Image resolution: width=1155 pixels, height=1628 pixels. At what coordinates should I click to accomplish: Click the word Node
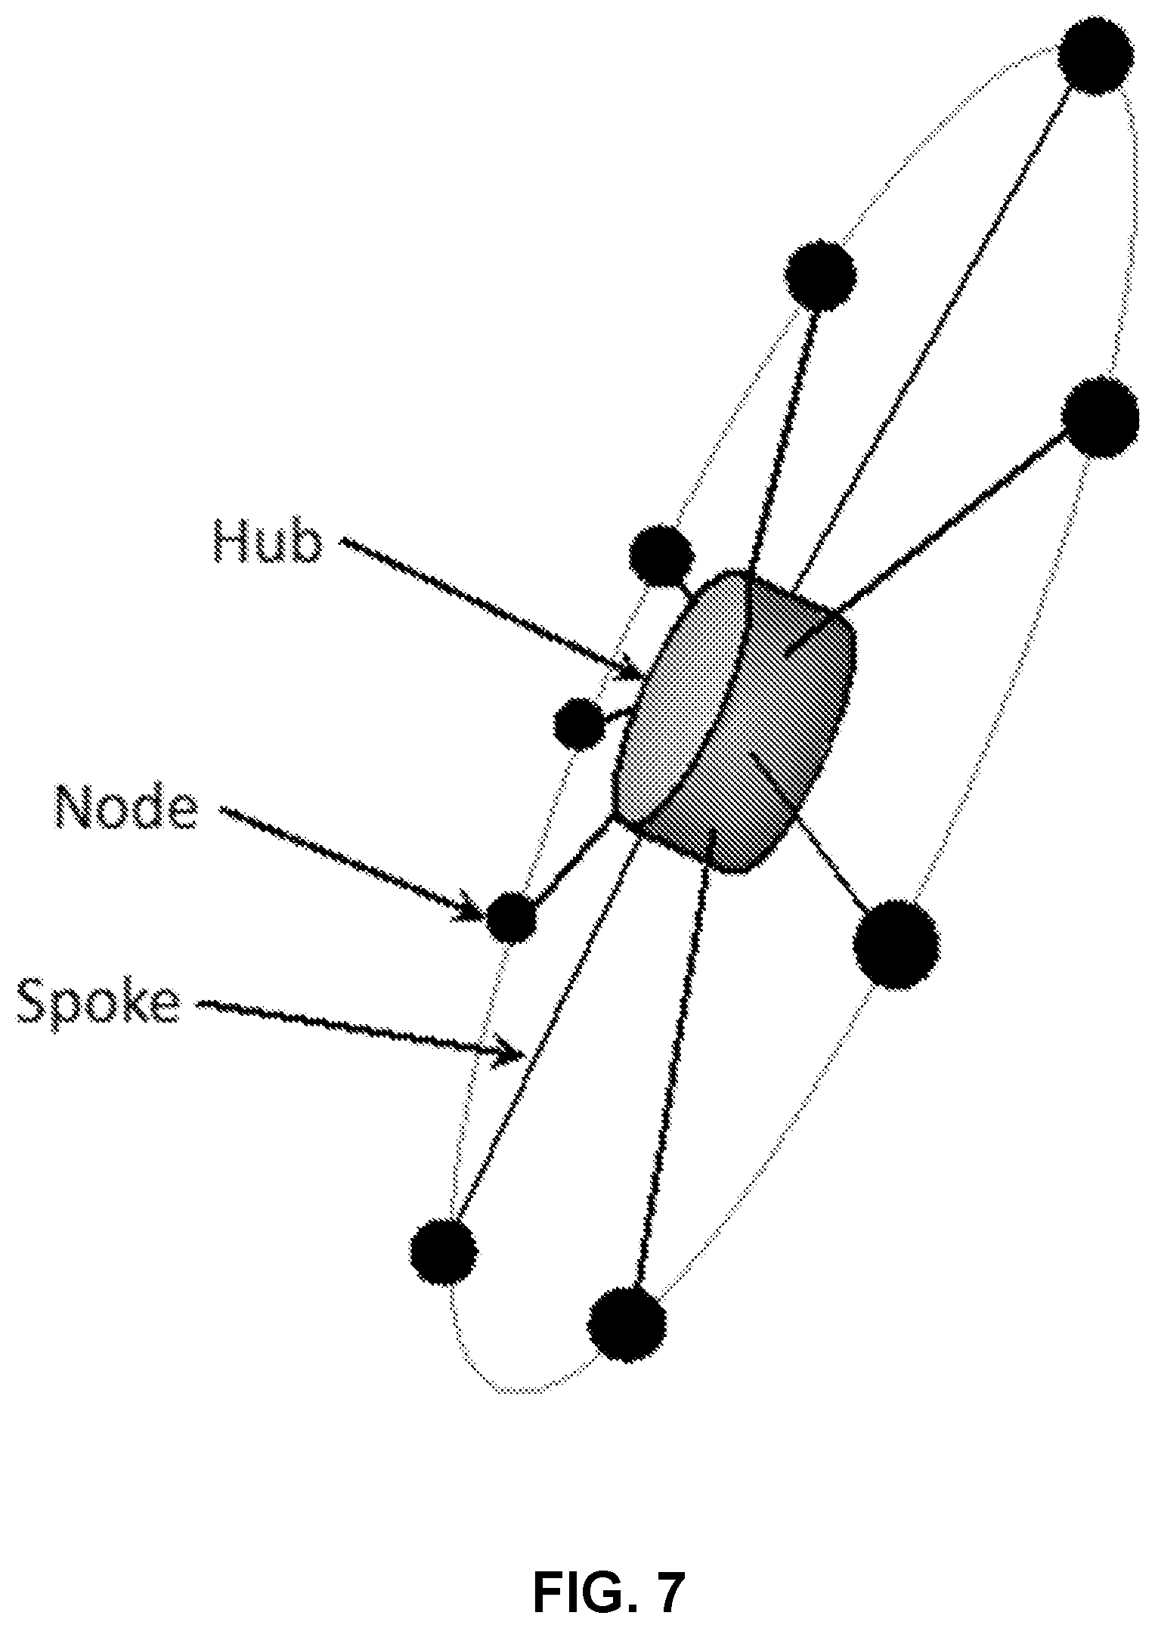pos(127,807)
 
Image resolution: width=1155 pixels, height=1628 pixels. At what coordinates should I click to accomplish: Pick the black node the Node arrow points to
pos(511,918)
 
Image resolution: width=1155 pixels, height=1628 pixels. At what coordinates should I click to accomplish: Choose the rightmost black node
pos(1100,417)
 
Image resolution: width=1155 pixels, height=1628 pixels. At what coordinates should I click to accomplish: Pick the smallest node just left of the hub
pos(579,724)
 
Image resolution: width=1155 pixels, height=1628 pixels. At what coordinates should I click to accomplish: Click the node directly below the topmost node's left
pos(821,275)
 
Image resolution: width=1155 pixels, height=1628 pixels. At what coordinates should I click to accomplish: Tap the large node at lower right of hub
pos(896,944)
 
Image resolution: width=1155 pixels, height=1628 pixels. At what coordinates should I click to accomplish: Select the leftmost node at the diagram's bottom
pos(444,1251)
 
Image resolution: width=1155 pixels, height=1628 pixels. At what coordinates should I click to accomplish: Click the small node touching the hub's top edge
pos(661,556)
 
